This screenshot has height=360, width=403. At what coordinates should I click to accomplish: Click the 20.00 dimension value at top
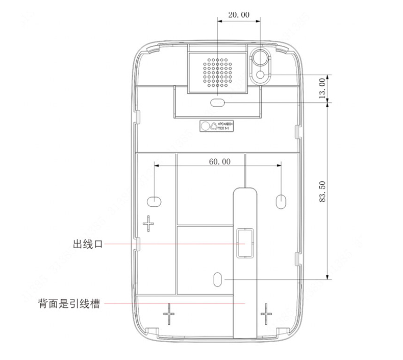pyautogui.click(x=239, y=15)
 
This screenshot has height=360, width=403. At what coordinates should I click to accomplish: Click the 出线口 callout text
pyautogui.click(x=88, y=244)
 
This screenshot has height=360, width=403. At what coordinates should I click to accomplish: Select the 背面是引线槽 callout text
pyautogui.click(x=68, y=304)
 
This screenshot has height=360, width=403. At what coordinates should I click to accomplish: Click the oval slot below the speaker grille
pyautogui.click(x=218, y=103)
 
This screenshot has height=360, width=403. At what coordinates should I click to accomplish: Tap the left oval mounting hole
pyautogui.click(x=155, y=199)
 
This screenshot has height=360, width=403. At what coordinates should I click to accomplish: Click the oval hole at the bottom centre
pyautogui.click(x=218, y=279)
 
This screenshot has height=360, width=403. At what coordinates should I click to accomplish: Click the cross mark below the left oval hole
pyautogui.click(x=148, y=223)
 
